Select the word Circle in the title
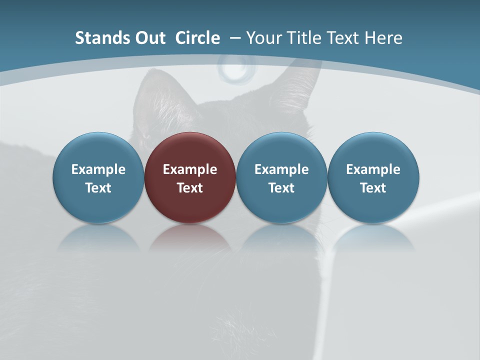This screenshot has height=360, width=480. pyautogui.click(x=197, y=38)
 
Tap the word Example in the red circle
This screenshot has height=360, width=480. pyautogui.click(x=190, y=169)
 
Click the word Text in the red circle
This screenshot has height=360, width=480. pyautogui.click(x=190, y=188)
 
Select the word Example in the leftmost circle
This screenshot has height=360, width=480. pyautogui.click(x=98, y=169)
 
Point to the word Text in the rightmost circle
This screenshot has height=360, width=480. pyautogui.click(x=373, y=188)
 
